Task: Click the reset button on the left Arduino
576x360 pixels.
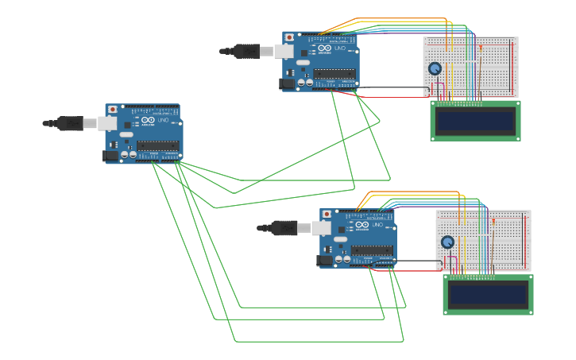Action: coord(112,109)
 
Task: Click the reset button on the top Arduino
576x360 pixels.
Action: coord(289,37)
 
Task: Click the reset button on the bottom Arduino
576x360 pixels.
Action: coord(327,215)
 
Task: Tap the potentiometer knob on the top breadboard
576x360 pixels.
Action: coord(435,69)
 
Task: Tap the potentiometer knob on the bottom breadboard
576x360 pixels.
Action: coord(447,242)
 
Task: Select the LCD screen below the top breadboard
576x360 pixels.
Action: coord(475,121)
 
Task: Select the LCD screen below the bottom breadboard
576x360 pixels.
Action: coord(488,295)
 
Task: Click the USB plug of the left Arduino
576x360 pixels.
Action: coord(72,123)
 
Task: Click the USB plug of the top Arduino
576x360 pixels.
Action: coord(248,52)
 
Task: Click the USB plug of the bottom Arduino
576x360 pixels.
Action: coord(285,228)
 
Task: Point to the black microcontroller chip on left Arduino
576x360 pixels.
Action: coord(157,145)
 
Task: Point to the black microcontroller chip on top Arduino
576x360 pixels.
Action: coord(334,74)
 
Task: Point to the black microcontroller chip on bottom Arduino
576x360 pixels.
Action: coord(372,250)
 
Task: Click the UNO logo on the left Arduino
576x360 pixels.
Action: coord(164,121)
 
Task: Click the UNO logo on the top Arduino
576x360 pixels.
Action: coord(340,48)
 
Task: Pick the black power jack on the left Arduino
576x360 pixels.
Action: coord(110,156)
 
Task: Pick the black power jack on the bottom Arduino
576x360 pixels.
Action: coord(324,260)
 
